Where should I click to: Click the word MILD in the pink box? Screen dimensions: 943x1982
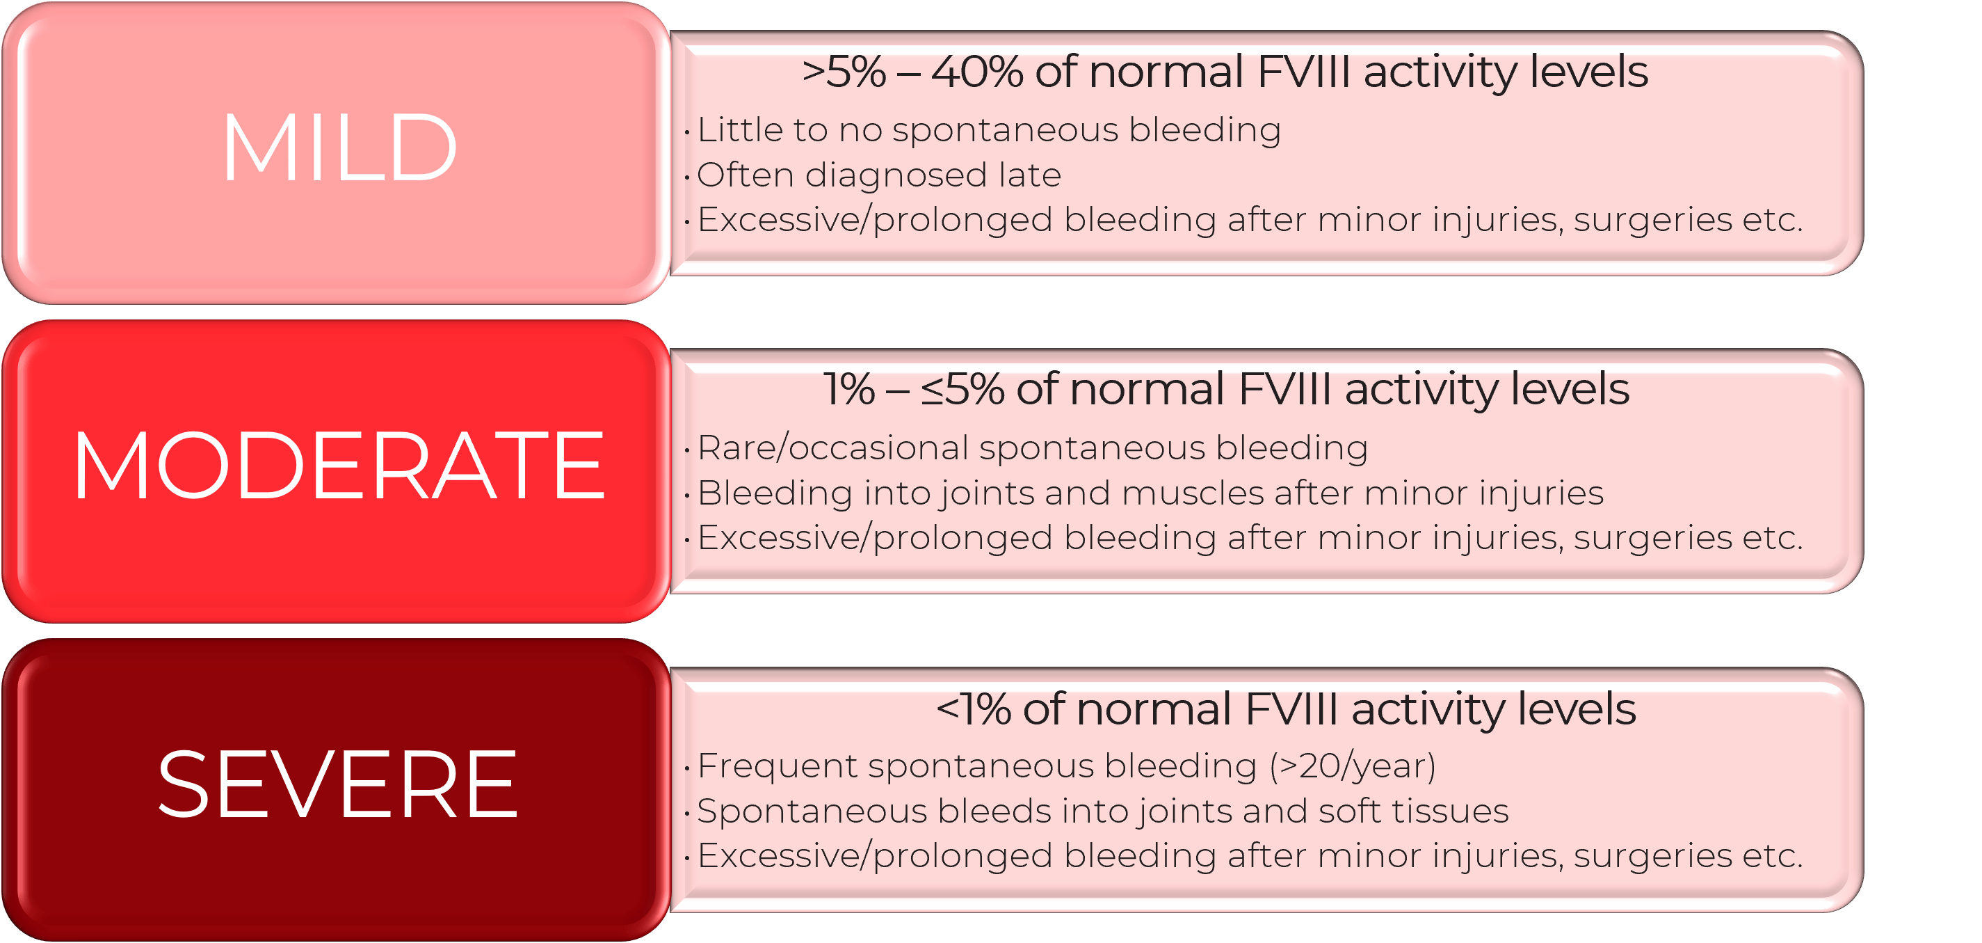[x=339, y=148]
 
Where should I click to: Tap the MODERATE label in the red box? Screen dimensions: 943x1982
[x=339, y=466]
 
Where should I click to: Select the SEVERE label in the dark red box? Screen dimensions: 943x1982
[x=338, y=784]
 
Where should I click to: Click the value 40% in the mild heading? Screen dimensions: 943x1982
[x=976, y=72]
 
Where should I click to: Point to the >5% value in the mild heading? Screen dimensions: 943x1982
[x=844, y=72]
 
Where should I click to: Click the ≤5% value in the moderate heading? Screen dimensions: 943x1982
[x=962, y=390]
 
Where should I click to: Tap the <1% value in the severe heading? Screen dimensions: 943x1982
[x=974, y=709]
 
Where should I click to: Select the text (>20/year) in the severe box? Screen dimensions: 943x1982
[x=1353, y=766]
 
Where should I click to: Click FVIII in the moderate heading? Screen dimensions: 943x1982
[x=1285, y=390]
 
